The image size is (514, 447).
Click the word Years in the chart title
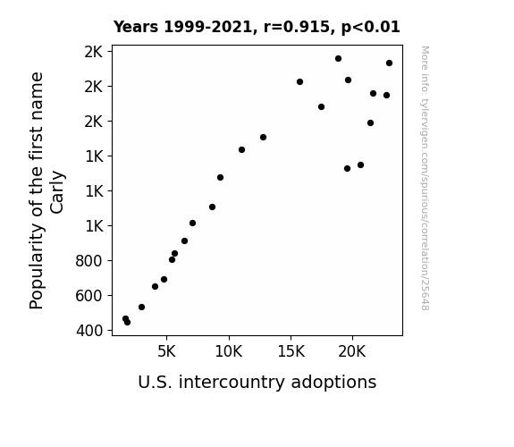pos(136,27)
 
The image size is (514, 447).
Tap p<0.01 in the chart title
pos(371,28)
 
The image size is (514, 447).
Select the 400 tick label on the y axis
pos(89,331)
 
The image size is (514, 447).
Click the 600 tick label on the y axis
pos(89,296)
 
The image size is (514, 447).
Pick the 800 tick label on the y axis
pos(89,261)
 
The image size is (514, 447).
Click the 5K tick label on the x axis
pos(166,351)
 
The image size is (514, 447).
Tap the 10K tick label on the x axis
pos(229,351)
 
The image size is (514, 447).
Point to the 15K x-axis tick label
pos(291,351)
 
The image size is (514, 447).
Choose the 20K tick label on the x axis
pos(352,351)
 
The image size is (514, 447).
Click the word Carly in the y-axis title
pos(57,192)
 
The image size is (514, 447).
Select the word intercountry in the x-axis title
pos(232,383)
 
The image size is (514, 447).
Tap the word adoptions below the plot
pos(333,383)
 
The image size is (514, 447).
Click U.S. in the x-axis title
pos(155,383)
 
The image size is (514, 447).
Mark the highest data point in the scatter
pos(338,59)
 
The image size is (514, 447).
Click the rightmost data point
pos(389,63)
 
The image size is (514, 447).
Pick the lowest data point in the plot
pos(127,323)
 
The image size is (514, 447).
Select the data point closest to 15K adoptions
pos(299,81)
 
